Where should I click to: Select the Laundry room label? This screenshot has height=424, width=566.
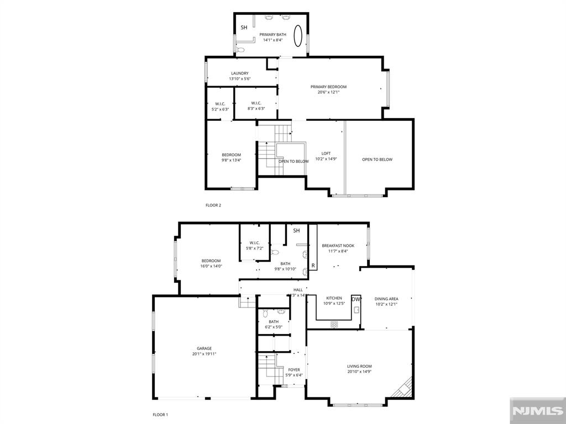coord(239,76)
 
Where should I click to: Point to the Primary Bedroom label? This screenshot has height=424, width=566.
coord(328,89)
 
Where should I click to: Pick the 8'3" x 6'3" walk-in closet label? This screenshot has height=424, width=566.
coord(256,105)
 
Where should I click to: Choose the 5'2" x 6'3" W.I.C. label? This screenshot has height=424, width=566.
coord(220,107)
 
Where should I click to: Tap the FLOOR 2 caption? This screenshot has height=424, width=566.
coord(213,205)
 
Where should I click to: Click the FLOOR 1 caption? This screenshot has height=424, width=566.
coord(160,414)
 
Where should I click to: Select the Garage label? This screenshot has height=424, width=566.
coord(204,351)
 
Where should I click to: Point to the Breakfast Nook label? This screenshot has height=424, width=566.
coord(338,248)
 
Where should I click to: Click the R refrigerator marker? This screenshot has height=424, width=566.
coord(313,266)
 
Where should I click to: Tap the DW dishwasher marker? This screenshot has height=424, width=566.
coord(356,299)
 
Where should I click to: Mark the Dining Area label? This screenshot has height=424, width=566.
coord(386,301)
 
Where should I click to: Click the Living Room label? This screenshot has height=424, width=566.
coord(359,369)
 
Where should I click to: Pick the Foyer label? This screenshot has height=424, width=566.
coord(294,373)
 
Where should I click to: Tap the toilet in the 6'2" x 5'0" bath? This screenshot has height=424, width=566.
coord(265,313)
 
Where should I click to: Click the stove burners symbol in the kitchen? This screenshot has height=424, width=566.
coord(334,325)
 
